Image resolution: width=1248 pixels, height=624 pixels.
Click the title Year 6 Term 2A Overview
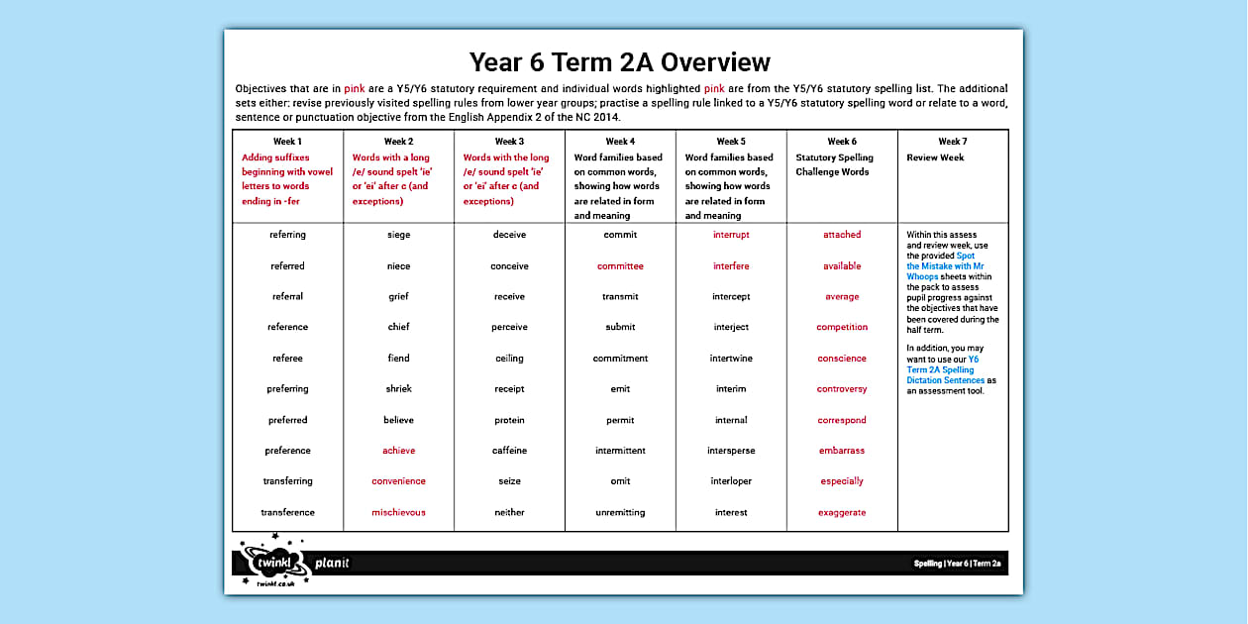620,62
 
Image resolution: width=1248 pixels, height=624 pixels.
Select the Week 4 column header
620,142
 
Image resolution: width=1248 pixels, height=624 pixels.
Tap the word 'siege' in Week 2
398,235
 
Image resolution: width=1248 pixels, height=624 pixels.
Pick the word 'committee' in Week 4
620,265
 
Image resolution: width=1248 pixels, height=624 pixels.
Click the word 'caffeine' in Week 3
509,451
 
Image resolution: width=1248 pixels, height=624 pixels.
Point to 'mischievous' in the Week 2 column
398,512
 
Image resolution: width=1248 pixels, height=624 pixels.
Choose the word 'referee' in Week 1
287,359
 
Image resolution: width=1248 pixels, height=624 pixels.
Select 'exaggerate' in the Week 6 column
842,512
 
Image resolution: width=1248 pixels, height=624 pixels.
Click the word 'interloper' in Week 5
731,481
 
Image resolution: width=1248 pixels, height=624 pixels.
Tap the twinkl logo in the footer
269,563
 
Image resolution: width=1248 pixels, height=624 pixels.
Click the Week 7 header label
953,142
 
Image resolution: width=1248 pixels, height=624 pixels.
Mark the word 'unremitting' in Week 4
620,512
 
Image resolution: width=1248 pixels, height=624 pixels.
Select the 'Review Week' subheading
935,157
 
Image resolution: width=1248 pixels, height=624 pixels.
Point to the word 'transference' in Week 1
287,512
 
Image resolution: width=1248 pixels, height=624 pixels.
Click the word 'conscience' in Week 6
842,359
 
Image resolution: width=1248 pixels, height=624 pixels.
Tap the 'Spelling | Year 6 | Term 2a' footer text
957,564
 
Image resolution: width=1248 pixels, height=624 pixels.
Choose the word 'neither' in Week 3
509,512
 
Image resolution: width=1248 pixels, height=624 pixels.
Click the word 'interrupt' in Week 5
731,235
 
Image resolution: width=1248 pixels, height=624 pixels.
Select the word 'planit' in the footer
332,564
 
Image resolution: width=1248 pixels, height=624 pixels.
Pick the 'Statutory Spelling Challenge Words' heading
835,164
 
